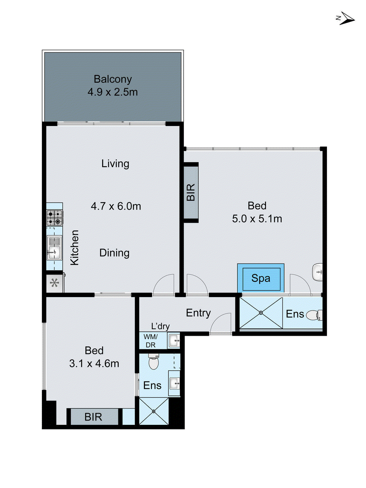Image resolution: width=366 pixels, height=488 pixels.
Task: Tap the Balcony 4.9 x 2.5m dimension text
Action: [113, 92]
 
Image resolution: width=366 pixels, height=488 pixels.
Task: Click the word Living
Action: [115, 163]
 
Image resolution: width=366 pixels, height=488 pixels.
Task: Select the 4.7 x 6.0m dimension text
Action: [116, 206]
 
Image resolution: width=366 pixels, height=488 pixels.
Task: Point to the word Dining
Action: [114, 253]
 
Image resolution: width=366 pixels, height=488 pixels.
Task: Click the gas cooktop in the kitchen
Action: [55, 217]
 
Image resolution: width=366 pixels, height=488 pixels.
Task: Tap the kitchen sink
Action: [54, 248]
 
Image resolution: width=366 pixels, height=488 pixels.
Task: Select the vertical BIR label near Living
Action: [191, 192]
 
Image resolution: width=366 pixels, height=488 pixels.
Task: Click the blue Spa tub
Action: [261, 278]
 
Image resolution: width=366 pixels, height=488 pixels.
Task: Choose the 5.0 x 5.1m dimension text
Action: [257, 219]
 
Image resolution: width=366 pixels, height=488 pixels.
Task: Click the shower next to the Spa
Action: [261, 313]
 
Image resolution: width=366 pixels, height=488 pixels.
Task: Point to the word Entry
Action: [198, 313]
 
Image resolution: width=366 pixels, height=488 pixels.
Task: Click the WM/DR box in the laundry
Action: [151, 341]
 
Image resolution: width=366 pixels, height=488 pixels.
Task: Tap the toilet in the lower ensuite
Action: [153, 362]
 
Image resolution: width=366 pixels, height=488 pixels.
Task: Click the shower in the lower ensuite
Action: [154, 411]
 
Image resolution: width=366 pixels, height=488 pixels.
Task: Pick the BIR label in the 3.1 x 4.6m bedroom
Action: [93, 417]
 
